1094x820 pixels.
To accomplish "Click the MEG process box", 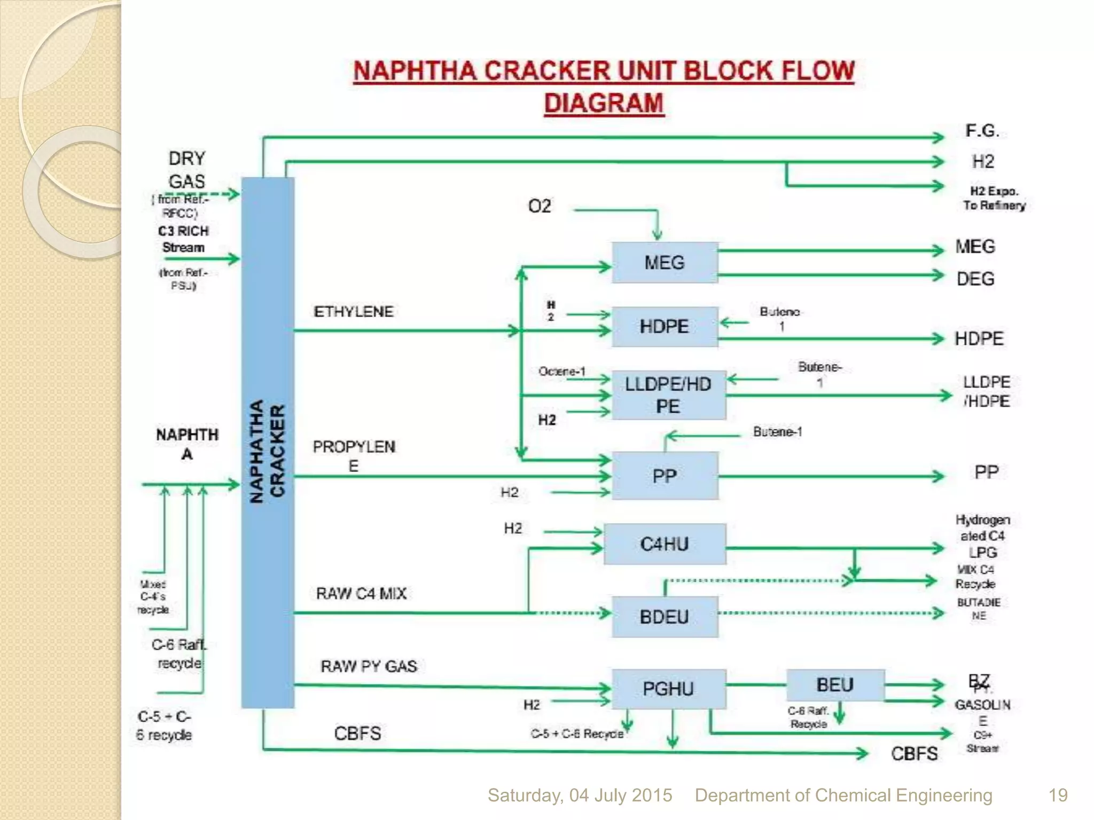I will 664,263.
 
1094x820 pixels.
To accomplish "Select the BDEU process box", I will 664,617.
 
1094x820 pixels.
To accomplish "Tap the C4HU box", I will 664,544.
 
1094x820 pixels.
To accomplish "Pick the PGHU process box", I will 668,689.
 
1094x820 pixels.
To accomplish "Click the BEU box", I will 835,685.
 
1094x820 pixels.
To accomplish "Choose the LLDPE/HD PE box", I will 668,395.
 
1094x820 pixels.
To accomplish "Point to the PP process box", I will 664,476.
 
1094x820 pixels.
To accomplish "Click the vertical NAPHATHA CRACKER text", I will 268,451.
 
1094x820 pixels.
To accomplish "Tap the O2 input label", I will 539,206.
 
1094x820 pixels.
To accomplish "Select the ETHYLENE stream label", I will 353,312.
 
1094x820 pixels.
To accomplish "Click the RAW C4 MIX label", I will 361,594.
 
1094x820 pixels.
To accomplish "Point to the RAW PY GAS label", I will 369,666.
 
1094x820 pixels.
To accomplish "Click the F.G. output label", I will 982,131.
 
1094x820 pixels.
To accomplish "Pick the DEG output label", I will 975,279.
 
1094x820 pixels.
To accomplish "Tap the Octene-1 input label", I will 561,371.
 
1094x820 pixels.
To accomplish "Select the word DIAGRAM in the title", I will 604,103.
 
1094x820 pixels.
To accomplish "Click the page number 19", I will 1058,795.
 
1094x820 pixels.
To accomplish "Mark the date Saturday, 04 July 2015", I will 580,795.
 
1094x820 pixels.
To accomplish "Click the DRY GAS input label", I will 186,170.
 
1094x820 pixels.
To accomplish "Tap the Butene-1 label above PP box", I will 777,431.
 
